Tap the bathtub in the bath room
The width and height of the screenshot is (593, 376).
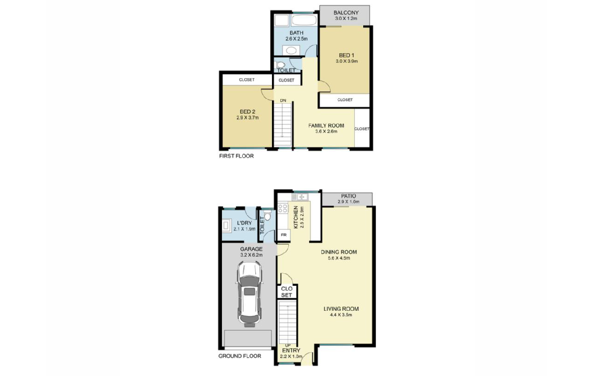(x=304, y=20)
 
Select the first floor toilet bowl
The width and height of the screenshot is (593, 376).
(x=280, y=65)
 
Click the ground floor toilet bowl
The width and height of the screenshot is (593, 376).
(x=267, y=216)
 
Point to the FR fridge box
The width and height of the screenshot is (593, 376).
(x=284, y=234)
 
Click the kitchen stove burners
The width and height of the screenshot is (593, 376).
(x=283, y=208)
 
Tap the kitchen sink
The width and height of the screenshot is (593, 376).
(x=299, y=197)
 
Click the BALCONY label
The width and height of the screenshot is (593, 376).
(x=346, y=12)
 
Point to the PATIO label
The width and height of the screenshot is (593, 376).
(x=348, y=196)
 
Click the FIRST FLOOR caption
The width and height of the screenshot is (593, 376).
(x=236, y=156)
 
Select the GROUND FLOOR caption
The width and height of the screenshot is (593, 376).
(x=240, y=356)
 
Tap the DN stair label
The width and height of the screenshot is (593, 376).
(x=283, y=100)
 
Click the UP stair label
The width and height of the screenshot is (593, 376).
(x=288, y=345)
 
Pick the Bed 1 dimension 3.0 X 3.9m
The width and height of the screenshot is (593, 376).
(x=347, y=62)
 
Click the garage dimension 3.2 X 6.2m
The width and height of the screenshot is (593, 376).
(x=251, y=255)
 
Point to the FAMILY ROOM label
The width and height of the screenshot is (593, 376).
(x=326, y=125)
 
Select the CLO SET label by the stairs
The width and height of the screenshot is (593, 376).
(x=287, y=292)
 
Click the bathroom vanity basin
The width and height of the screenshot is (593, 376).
(x=291, y=50)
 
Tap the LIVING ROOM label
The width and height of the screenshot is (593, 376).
(x=341, y=308)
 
